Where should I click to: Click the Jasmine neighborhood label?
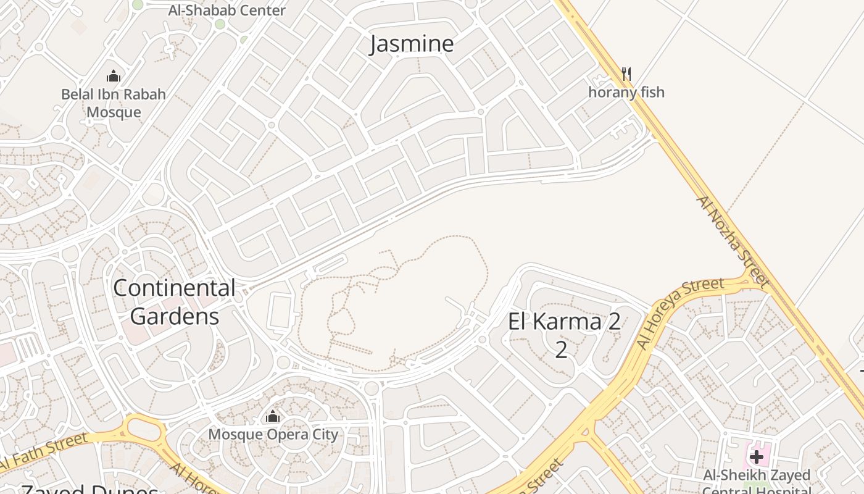(x=412, y=44)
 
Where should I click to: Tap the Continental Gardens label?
(x=175, y=302)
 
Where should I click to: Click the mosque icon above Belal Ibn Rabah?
(x=114, y=76)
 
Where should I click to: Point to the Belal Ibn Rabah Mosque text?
(x=114, y=103)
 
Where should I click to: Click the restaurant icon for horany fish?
(x=626, y=74)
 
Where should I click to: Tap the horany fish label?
(x=626, y=93)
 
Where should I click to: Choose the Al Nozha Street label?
(x=733, y=242)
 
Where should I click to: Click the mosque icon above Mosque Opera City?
(x=273, y=417)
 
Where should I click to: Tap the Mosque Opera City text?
(x=273, y=435)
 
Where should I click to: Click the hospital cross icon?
(x=757, y=457)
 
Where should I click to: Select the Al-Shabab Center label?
(x=227, y=10)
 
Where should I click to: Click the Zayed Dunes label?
(x=90, y=489)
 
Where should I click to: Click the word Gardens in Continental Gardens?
(x=175, y=316)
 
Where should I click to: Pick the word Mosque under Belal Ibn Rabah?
(x=114, y=112)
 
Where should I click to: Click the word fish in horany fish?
(x=652, y=93)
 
